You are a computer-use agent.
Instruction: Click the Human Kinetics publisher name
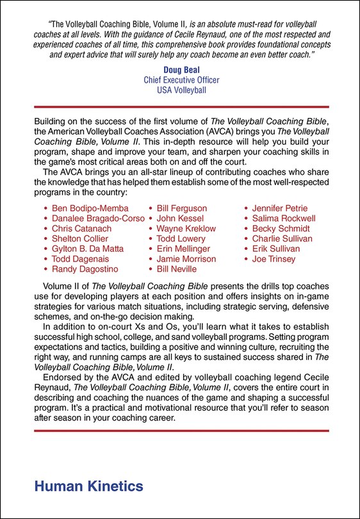pyautogui.click(x=88, y=486)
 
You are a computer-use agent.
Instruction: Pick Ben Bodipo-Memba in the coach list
pyautogui.click(x=90, y=208)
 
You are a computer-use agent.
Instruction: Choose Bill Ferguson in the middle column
pyautogui.click(x=182, y=208)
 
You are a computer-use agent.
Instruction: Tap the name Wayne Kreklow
pyautogui.click(x=186, y=229)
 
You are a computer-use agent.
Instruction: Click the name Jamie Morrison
pyautogui.click(x=186, y=259)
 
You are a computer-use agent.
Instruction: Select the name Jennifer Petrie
pyautogui.click(x=281, y=208)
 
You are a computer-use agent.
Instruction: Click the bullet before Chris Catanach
pyautogui.click(x=45, y=229)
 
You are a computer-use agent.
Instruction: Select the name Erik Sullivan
pyautogui.click(x=277, y=249)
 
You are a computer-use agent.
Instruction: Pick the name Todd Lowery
pyautogui.click(x=182, y=238)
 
